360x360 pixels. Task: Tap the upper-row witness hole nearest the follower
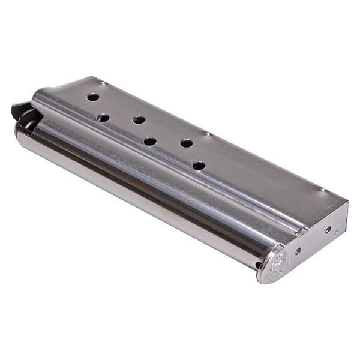click(93, 97)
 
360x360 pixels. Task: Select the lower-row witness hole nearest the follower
click(103, 118)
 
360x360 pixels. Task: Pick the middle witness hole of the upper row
click(139, 119)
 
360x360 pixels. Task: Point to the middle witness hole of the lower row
click(150, 142)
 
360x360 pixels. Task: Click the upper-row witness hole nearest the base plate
click(187, 143)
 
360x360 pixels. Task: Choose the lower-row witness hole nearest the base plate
click(199, 166)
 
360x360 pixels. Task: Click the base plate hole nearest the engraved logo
click(298, 251)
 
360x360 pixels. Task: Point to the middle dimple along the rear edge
click(207, 133)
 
